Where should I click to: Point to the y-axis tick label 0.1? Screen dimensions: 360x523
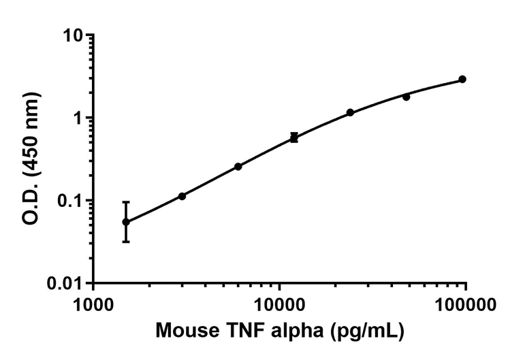pyautogui.click(x=70, y=201)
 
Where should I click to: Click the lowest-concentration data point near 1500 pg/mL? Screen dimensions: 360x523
pyautogui.click(x=126, y=222)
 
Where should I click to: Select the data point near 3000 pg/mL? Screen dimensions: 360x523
pyautogui.click(x=182, y=196)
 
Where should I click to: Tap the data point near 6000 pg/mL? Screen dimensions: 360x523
pyautogui.click(x=238, y=166)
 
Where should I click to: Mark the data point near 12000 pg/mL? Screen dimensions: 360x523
pyautogui.click(x=294, y=137)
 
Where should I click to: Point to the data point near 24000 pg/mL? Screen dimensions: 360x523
pyautogui.click(x=350, y=112)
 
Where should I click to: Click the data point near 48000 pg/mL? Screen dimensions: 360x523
pyautogui.click(x=407, y=97)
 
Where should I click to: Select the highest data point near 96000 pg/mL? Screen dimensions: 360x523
pyautogui.click(x=462, y=79)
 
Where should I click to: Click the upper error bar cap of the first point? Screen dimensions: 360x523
pyautogui.click(x=126, y=202)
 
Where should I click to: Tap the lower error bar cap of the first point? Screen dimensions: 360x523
pyautogui.click(x=126, y=242)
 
